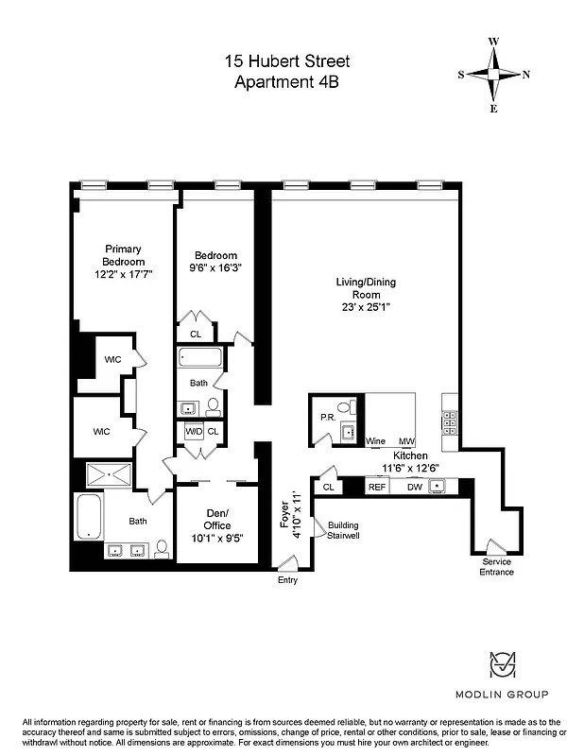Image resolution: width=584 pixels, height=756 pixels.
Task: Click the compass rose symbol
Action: point(494,75)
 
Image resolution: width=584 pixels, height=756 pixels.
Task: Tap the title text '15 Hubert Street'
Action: point(286,61)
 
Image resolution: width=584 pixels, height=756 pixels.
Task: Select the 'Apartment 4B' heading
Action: point(286,81)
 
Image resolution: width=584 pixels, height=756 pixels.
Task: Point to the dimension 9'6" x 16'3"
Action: point(215,267)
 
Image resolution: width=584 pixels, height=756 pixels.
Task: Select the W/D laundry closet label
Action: point(193,432)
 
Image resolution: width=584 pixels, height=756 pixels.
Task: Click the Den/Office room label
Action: point(216,519)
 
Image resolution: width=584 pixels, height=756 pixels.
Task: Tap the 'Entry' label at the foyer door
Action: point(287,580)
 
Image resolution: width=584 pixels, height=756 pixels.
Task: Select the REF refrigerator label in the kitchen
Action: point(377,487)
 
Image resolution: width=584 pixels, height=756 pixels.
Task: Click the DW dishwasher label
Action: point(414,487)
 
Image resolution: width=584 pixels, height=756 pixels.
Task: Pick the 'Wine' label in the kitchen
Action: point(375,441)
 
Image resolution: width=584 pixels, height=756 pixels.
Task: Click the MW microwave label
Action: point(406,441)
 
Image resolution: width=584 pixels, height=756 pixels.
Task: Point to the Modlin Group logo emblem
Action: point(502,667)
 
